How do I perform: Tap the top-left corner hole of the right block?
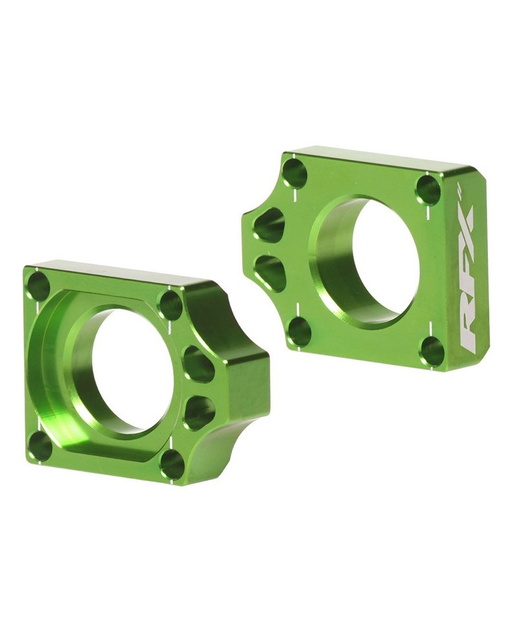point(295,173)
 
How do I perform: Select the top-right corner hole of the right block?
point(428,190)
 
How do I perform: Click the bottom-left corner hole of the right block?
point(299,331)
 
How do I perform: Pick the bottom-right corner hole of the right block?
point(432,351)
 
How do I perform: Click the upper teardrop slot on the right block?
point(270,225)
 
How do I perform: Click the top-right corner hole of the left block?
point(171,305)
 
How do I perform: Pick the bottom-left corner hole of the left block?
point(40,446)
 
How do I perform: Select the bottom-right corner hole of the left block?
point(172,464)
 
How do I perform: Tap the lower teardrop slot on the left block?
point(199,412)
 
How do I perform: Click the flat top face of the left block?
point(116,272)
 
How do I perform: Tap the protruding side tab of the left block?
point(239,388)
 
